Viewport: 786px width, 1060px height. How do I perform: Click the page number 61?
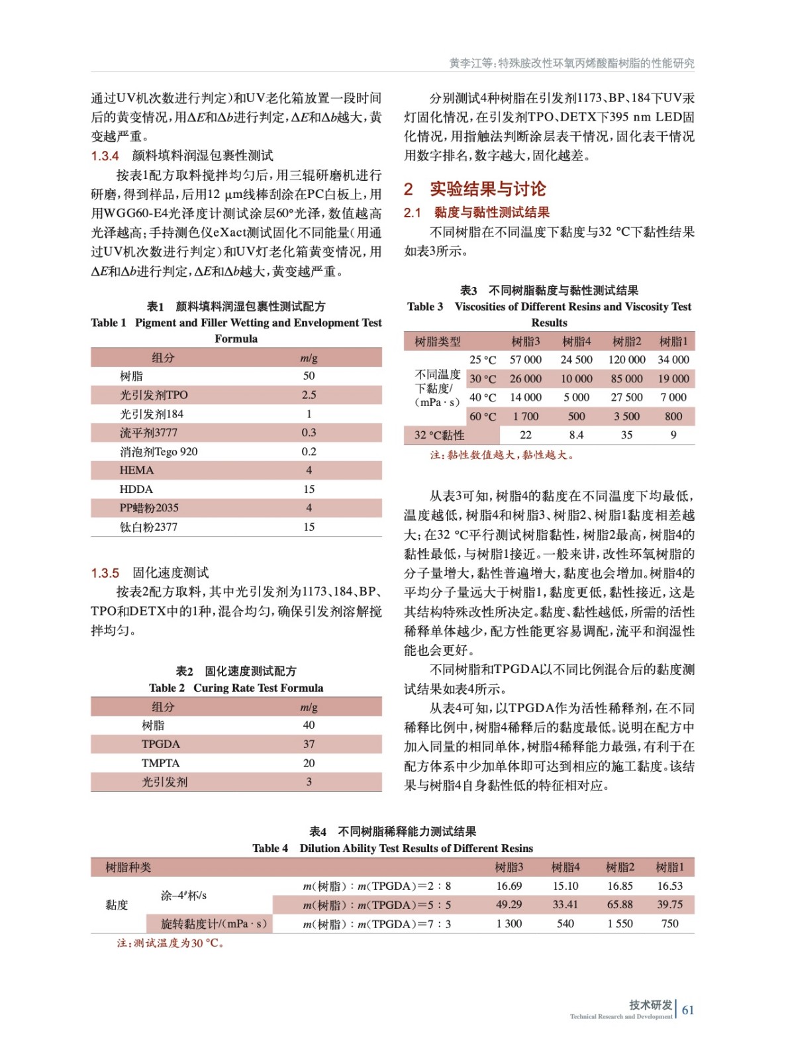(x=688, y=1010)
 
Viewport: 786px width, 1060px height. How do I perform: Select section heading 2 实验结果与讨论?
(x=475, y=189)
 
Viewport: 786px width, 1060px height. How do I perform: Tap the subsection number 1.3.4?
(x=105, y=156)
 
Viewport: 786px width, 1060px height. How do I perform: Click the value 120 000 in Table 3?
(x=626, y=360)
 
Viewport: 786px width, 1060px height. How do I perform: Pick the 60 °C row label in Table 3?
(x=482, y=416)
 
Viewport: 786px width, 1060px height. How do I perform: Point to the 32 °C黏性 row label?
(x=439, y=435)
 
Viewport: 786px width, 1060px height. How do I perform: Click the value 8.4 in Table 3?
(x=576, y=435)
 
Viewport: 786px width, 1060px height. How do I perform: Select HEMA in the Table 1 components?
(x=136, y=470)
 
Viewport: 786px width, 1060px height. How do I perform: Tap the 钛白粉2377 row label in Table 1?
(x=148, y=527)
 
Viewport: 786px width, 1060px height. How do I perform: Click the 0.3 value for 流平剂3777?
(x=309, y=433)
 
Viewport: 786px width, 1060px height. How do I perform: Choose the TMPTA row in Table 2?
(x=160, y=763)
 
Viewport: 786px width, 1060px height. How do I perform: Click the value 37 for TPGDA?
(x=309, y=744)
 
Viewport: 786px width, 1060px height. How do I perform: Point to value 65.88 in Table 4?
(x=620, y=904)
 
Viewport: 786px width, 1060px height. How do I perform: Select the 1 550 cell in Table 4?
(x=620, y=924)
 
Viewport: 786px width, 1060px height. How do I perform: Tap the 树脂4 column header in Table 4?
(x=565, y=867)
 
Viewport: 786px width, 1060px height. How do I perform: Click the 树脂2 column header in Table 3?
(x=626, y=341)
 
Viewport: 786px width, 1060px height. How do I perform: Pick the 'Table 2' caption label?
(x=167, y=688)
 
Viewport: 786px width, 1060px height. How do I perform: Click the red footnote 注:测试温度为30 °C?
(x=170, y=943)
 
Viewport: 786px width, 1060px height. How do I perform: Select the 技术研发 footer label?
(x=650, y=1004)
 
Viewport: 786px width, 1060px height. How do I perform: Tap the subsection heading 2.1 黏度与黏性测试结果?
(x=477, y=213)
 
